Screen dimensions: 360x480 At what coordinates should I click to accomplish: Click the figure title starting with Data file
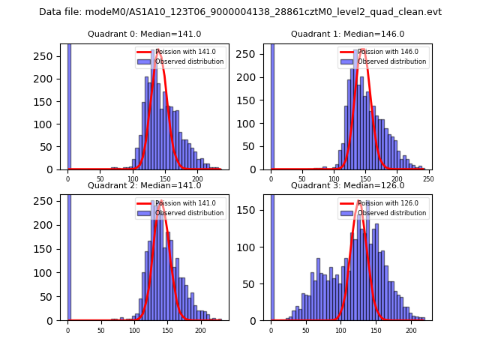tap(240, 12)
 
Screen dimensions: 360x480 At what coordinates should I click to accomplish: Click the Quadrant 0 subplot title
tap(145, 34)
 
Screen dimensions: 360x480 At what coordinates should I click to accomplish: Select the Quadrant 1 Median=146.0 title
tap(347, 34)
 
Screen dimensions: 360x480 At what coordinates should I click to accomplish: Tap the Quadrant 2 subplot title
tap(145, 185)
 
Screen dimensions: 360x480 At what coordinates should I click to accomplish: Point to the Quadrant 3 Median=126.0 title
tap(347, 185)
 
